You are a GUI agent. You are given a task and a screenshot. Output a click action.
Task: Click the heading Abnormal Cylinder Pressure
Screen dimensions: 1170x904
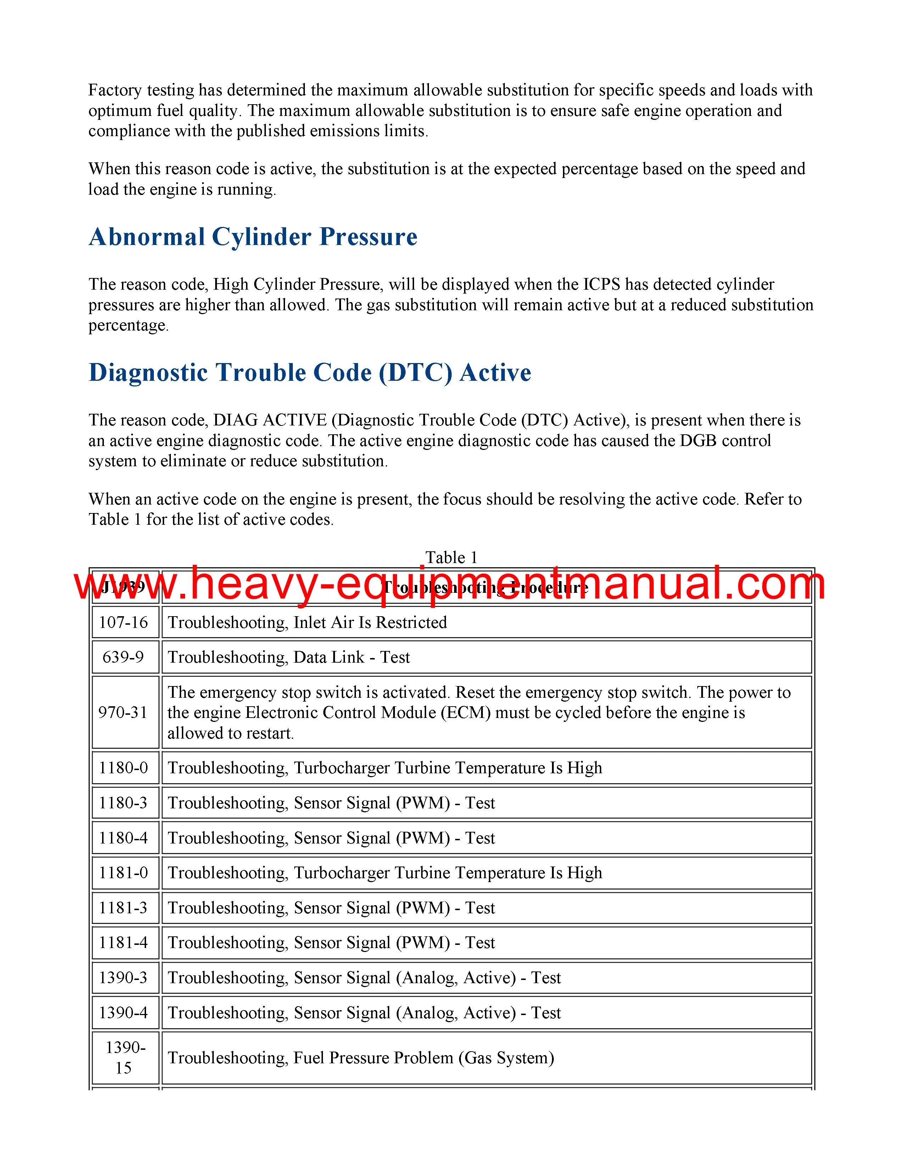(x=253, y=237)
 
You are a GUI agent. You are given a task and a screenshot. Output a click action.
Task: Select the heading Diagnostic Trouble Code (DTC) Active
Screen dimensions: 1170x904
(x=309, y=372)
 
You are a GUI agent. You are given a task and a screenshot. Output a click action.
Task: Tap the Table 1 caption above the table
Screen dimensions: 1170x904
(x=451, y=558)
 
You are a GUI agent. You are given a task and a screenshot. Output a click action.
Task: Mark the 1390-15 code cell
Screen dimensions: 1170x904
(x=124, y=1058)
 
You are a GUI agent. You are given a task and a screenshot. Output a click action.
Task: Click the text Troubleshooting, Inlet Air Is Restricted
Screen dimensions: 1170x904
(x=307, y=623)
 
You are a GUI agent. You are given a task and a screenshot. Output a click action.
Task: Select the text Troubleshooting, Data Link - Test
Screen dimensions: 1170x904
(x=289, y=657)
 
